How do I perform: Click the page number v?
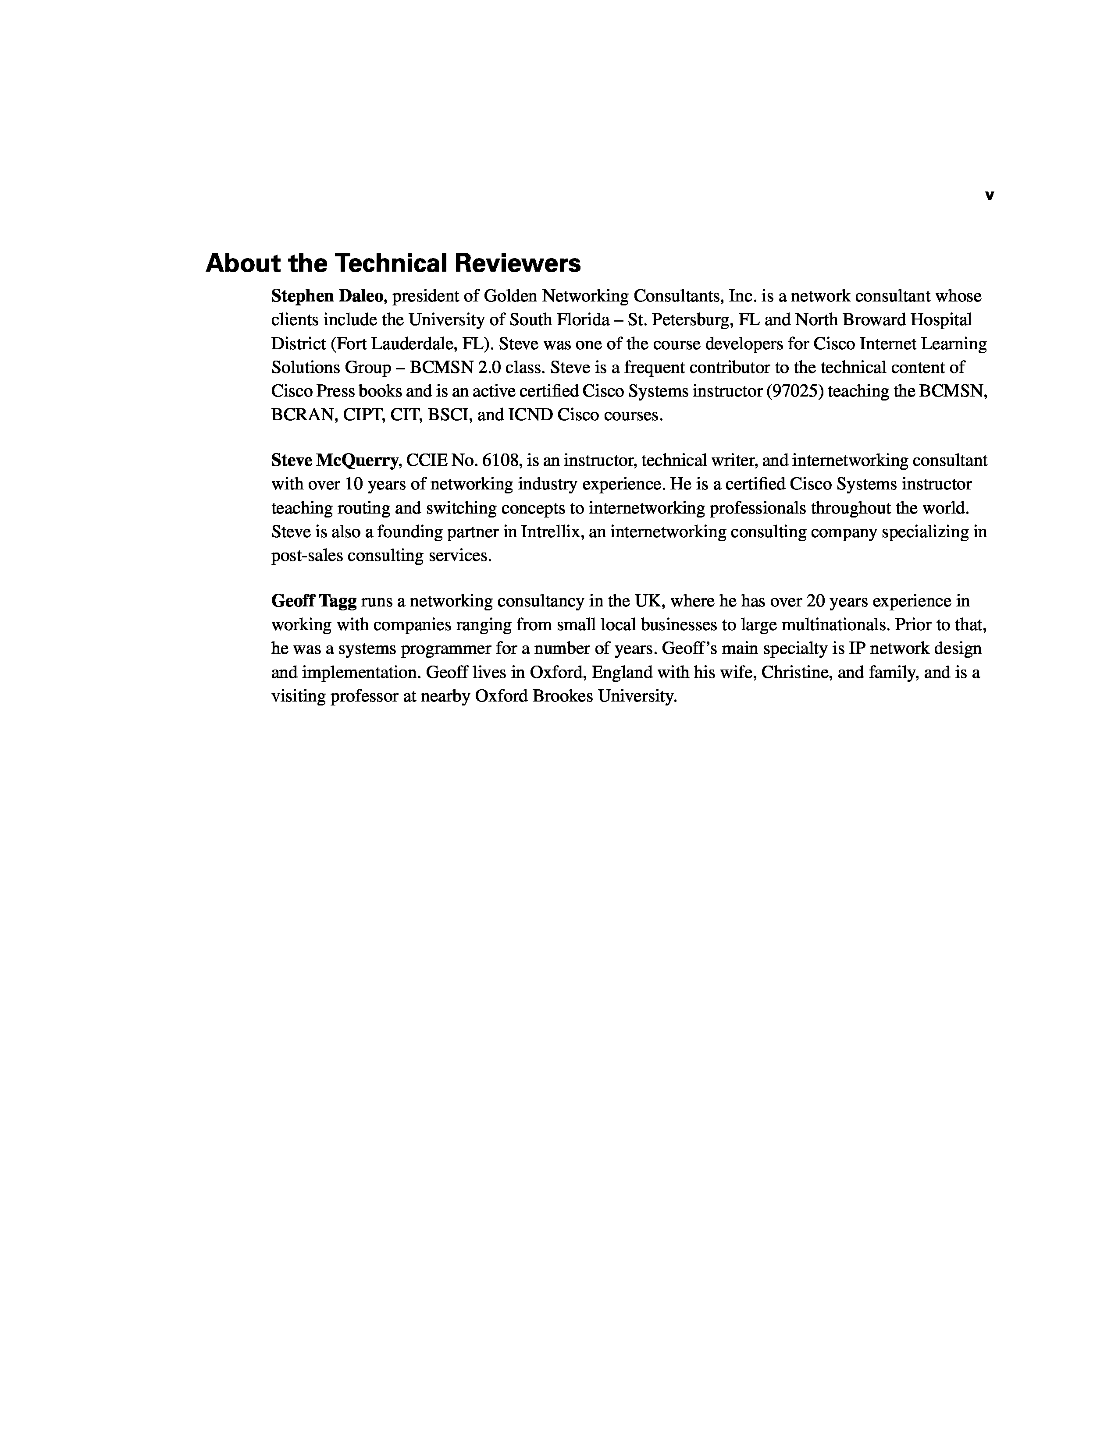click(x=989, y=195)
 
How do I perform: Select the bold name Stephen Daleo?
click(x=327, y=296)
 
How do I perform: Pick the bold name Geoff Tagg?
click(x=314, y=601)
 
